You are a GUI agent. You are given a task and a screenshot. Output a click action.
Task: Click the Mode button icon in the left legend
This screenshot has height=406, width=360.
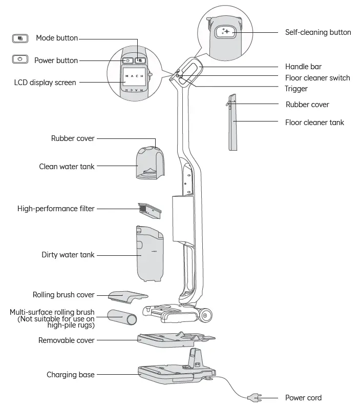19,38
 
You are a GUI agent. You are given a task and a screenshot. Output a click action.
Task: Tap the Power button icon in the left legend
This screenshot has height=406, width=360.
19,59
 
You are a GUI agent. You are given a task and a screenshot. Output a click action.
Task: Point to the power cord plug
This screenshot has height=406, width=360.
253,397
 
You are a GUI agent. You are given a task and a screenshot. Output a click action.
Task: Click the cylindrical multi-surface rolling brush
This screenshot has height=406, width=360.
122,317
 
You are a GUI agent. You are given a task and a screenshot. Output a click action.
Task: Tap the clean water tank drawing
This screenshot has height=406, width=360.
150,164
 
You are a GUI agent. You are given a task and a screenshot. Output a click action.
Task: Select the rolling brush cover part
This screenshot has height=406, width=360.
128,296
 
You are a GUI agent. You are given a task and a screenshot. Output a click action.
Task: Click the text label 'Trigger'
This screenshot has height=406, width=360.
296,89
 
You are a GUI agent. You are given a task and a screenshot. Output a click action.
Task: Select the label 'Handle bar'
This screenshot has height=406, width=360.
303,67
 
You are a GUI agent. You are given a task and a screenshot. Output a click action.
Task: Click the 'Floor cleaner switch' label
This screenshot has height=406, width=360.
317,78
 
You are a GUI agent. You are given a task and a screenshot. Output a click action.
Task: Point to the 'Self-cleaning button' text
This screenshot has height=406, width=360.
317,32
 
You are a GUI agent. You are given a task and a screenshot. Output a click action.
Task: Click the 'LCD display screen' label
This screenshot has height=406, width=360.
46,82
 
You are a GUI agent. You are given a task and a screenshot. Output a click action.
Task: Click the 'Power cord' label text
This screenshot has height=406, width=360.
303,398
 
